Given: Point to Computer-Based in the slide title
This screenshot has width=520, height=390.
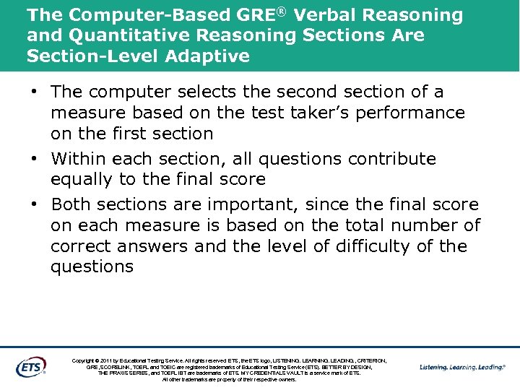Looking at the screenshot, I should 128,15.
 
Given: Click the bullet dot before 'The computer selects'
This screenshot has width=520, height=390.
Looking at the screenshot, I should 35,92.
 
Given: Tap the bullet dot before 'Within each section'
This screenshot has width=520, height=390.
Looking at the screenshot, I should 35,159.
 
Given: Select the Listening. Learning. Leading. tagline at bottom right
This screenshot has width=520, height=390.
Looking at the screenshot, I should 462,367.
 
